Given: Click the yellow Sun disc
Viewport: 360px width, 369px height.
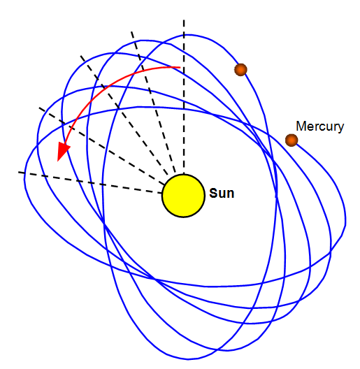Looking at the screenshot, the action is [183, 196].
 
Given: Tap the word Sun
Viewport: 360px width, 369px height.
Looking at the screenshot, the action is [222, 193].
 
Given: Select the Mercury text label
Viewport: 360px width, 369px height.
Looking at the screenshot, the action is [319, 127].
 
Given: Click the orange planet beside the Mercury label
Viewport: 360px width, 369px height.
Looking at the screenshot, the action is [291, 140].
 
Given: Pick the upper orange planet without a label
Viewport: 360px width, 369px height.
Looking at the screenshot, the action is [240, 70].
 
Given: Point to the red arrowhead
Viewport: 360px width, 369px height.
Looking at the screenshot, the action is [63, 151].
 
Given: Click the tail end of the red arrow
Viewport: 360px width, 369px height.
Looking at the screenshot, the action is [180, 68].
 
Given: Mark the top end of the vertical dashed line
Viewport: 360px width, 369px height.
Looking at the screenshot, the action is [184, 20].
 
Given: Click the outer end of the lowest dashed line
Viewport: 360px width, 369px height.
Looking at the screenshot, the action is [19, 173].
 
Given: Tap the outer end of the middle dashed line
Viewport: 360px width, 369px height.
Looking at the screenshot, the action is [81, 56].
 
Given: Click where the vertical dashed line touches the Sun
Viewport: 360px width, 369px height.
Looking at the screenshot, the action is [184, 174].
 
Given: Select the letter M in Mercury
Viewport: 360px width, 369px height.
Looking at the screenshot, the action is [301, 126].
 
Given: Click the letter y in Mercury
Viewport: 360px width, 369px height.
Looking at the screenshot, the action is [340, 129].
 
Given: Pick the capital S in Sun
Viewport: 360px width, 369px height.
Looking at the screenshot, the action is [213, 193].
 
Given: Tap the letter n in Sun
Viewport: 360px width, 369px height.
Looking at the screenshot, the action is [230, 194].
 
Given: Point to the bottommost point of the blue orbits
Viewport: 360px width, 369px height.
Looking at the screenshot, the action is [188, 359].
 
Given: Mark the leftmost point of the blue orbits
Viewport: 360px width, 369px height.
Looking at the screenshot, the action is [24, 179].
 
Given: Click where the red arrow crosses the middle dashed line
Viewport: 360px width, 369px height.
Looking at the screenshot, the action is [103, 88].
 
